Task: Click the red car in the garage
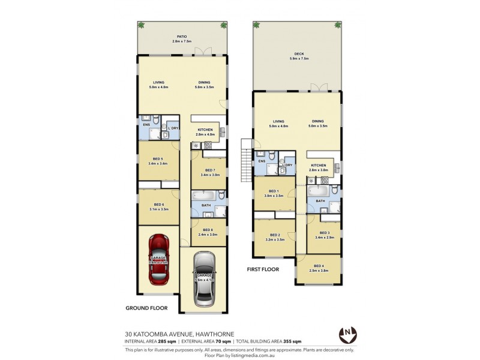coord(158,259)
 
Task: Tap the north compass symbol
coord(346,333)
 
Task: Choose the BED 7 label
coord(209,170)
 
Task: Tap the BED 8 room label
coord(208,230)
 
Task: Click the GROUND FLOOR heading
coord(146,308)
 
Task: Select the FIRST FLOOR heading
coord(263,270)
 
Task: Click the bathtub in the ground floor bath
coord(203,196)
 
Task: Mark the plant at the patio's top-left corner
coord(142,25)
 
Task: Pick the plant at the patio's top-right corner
coord(224,25)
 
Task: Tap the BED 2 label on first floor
coord(275,235)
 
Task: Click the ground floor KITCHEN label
coord(206,129)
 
